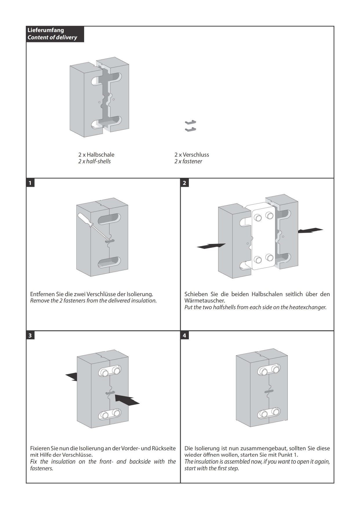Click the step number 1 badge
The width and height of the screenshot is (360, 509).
tap(30, 183)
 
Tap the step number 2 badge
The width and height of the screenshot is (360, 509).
tap(184, 183)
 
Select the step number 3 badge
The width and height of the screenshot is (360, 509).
tap(30, 336)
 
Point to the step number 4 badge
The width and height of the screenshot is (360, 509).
tap(184, 336)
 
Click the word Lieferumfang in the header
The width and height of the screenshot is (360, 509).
tap(46, 30)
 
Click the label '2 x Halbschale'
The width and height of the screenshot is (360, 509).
tap(96, 155)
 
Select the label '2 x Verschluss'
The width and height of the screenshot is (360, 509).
tap(191, 155)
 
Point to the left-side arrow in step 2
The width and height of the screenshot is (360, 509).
tap(211, 246)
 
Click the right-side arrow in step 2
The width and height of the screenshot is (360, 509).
tap(310, 231)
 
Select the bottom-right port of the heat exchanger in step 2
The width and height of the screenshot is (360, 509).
tap(269, 258)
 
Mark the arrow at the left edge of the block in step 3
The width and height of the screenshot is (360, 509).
tap(72, 376)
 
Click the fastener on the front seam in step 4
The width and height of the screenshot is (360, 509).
tap(269, 392)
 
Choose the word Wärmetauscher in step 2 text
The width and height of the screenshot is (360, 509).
tap(205, 301)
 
